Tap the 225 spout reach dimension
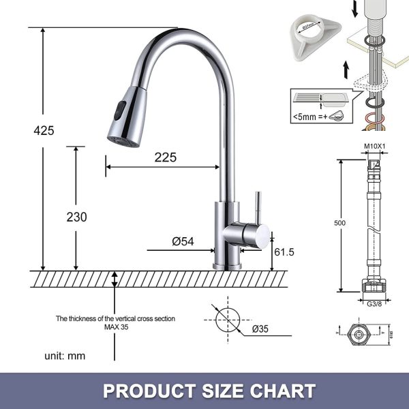(x=165, y=157)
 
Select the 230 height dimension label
(x=76, y=217)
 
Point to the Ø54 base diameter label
(x=183, y=241)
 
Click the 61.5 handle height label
(x=284, y=252)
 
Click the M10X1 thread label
(x=374, y=147)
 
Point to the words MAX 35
(x=116, y=327)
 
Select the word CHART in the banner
(x=282, y=391)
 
